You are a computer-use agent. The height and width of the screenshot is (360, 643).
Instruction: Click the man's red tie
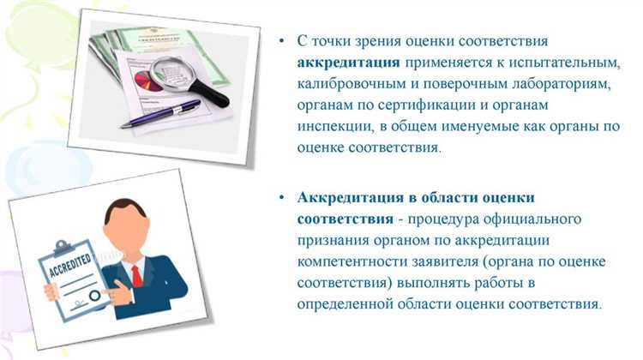coord(135,274)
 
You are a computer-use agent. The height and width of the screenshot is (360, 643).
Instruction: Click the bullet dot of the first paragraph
coord(280,41)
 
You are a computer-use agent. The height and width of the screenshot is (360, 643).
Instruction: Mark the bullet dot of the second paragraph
coord(280,197)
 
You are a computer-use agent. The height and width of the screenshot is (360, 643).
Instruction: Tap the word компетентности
coord(352,261)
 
